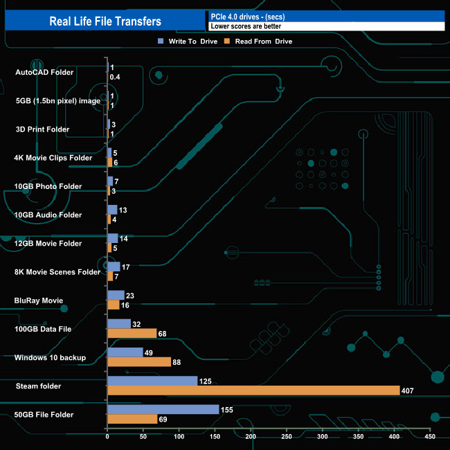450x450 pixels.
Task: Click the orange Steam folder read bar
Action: click(x=253, y=390)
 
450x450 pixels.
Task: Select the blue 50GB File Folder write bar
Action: click(x=163, y=409)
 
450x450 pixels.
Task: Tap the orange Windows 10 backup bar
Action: click(x=139, y=362)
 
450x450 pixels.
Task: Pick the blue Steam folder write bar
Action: click(x=152, y=381)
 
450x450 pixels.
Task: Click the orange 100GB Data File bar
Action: click(x=132, y=333)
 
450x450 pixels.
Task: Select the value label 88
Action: click(x=178, y=362)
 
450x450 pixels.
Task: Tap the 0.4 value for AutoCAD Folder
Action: click(x=115, y=77)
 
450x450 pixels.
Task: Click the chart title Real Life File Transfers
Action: click(x=105, y=21)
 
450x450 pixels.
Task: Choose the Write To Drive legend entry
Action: click(x=183, y=42)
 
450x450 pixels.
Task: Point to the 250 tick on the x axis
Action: click(x=287, y=437)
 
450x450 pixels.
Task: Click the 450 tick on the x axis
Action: click(x=430, y=437)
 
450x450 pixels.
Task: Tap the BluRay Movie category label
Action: click(x=39, y=300)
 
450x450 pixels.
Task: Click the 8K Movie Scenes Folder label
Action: click(x=57, y=272)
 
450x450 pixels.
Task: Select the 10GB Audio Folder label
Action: click(x=48, y=215)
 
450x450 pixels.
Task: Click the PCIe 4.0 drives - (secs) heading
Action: click(x=248, y=16)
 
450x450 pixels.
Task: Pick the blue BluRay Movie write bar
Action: click(x=116, y=295)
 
